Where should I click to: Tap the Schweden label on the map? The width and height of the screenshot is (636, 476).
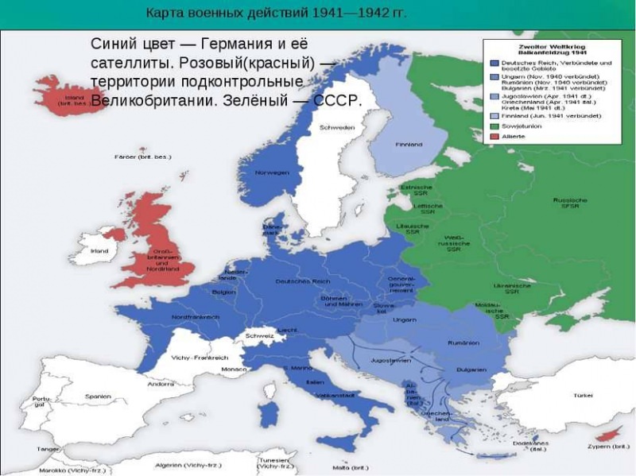coord(336,127)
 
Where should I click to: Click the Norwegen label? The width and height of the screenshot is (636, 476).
coord(271,172)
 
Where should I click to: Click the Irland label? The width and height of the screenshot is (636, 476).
coord(99,250)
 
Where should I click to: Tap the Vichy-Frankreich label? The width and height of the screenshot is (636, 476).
coord(200,358)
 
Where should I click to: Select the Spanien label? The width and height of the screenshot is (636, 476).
coord(98,395)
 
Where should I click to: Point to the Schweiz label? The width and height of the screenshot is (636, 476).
coord(260,336)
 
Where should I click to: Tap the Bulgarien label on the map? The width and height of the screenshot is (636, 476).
coord(471,370)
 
